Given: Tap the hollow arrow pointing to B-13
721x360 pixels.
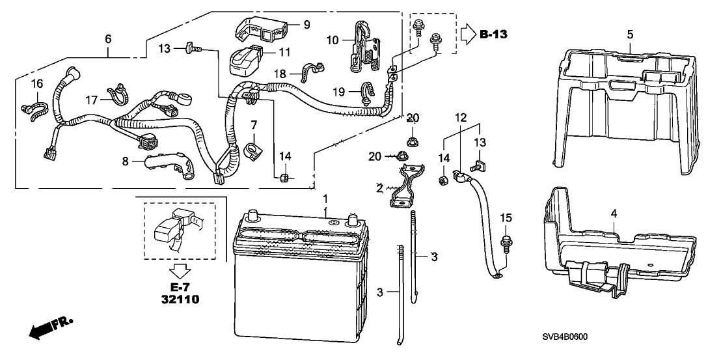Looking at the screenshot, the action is [x=469, y=34].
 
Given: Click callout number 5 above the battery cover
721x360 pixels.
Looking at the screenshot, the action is [x=630, y=34].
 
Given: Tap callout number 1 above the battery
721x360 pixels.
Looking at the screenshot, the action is [x=325, y=199].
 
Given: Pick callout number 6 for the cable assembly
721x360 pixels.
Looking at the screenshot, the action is [x=107, y=40].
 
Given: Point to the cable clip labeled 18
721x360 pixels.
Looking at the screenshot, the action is [x=313, y=72].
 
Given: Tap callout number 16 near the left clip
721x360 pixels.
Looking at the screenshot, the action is [x=37, y=84].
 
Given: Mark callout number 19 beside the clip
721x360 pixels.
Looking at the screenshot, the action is [x=338, y=92].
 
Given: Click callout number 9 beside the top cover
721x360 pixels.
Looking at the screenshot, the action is [x=306, y=24].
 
